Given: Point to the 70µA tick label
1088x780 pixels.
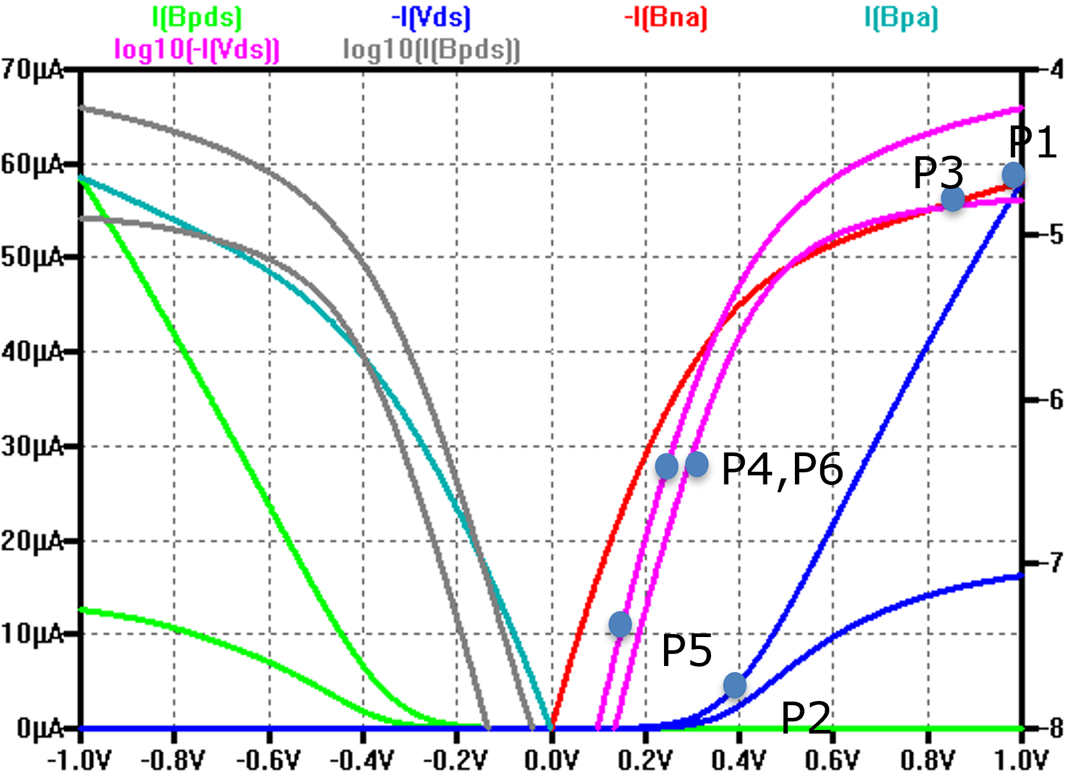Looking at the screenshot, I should (x=32, y=70).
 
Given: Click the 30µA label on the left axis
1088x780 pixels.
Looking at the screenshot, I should (x=32, y=447).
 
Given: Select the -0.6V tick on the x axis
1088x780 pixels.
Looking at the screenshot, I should (x=268, y=761).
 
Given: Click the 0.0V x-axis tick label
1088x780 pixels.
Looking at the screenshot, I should (x=551, y=761).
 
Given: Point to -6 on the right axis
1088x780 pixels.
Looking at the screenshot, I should (x=1055, y=399).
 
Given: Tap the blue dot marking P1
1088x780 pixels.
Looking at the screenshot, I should (x=1013, y=175).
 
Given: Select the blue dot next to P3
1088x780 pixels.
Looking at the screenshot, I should (x=953, y=198).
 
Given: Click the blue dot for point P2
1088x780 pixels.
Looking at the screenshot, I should (x=735, y=685).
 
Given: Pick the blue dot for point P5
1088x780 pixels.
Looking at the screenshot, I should (x=620, y=624).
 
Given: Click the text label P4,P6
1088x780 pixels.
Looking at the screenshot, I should (x=782, y=469).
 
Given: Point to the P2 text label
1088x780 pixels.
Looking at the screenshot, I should (x=806, y=718).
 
